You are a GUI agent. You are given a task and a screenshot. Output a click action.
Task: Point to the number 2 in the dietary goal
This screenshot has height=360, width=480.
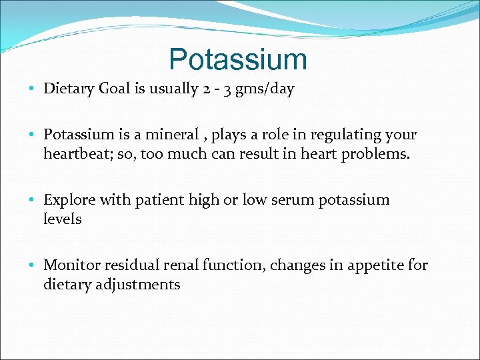205,89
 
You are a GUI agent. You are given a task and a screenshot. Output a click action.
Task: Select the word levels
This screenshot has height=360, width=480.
63,219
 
